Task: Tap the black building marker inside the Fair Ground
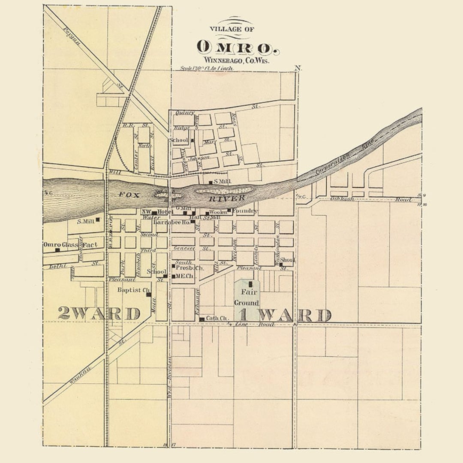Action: point(251,284)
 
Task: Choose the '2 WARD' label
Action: point(99,313)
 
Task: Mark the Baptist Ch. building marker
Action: point(148,295)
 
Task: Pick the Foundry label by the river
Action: point(245,211)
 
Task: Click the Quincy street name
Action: point(185,113)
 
